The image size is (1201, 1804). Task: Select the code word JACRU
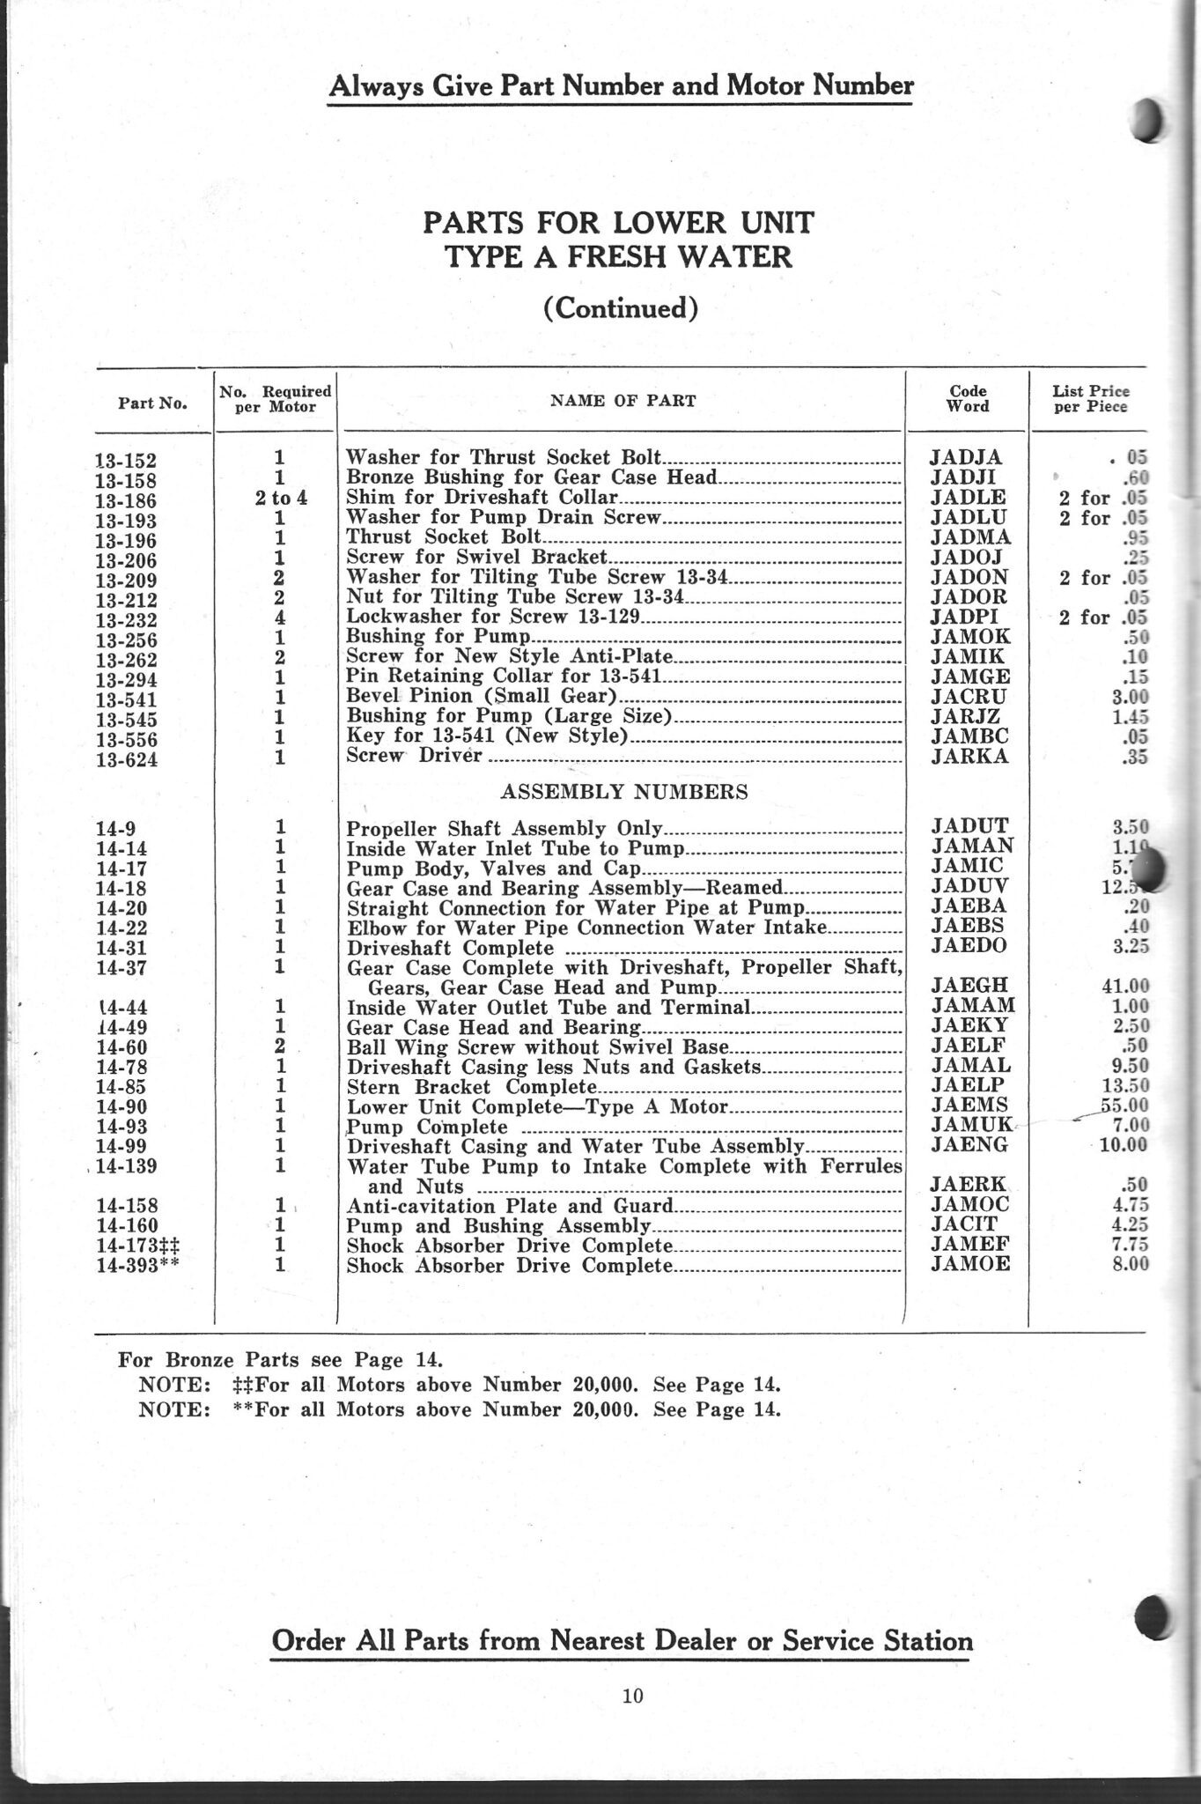[965, 696]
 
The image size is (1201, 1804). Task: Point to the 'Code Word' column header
[968, 398]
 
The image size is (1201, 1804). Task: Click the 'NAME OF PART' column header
[623, 401]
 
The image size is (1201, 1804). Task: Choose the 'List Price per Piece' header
[1090, 398]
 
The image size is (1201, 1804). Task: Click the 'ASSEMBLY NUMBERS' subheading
[623, 792]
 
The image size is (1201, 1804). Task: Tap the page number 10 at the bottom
[633, 1696]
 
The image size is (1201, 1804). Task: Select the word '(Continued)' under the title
[622, 308]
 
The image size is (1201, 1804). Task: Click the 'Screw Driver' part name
[414, 756]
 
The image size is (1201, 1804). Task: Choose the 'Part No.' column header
[152, 403]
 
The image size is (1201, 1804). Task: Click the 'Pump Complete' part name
[427, 1127]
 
